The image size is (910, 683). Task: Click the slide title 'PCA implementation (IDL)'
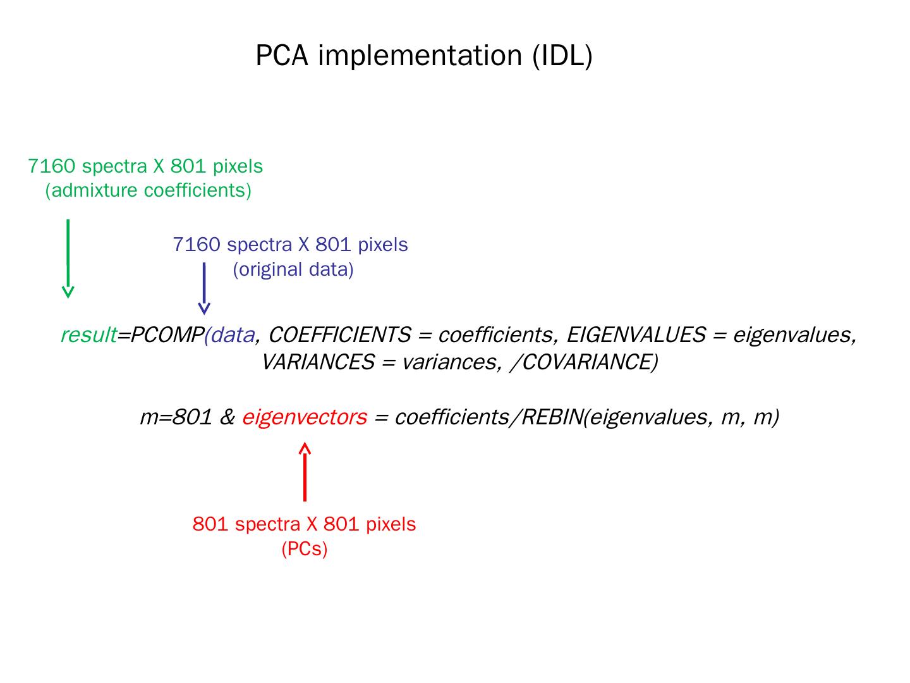[x=423, y=56]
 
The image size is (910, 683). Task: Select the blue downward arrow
[x=204, y=288]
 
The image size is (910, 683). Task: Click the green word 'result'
[x=88, y=335]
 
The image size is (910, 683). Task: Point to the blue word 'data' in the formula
[x=233, y=335]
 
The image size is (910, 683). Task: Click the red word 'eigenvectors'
[x=304, y=417]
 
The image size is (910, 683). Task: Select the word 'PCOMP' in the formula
[x=167, y=335]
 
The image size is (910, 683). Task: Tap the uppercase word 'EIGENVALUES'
[x=636, y=335]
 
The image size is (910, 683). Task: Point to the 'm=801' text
[x=176, y=417]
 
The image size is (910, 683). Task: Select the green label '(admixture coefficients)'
[x=148, y=190]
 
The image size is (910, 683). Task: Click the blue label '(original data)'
[x=293, y=269]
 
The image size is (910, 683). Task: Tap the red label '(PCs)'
[x=305, y=548]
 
